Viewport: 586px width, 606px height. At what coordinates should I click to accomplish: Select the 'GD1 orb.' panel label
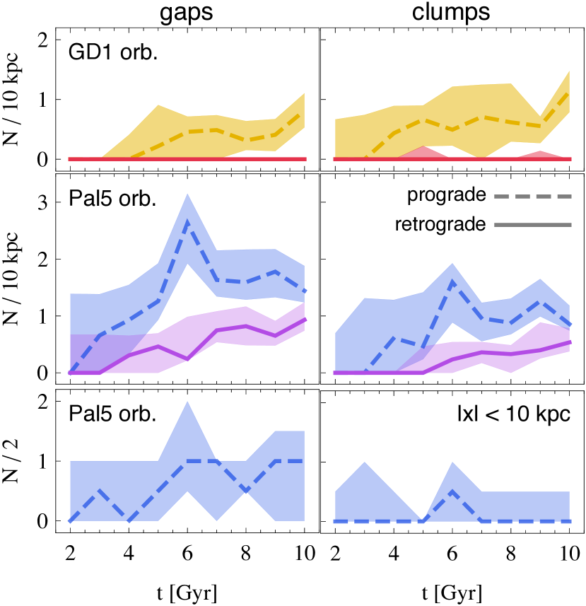pos(112,53)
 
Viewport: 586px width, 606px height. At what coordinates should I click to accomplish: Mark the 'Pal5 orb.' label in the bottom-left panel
pos(112,415)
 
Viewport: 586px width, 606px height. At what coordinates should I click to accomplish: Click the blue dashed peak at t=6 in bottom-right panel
pos(452,491)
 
